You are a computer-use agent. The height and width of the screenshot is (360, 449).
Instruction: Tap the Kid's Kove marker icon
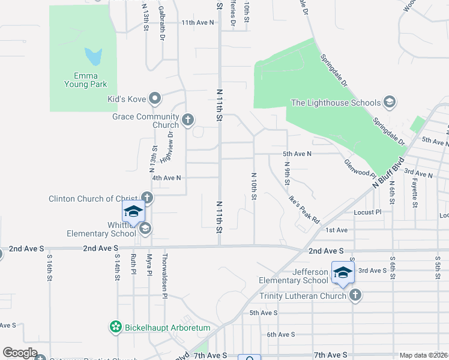click(x=155, y=99)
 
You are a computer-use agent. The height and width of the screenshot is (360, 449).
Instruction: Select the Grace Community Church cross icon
click(x=187, y=121)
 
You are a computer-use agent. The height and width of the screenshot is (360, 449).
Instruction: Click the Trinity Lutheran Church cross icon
click(x=355, y=295)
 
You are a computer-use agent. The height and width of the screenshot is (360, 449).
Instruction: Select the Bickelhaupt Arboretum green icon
click(x=115, y=328)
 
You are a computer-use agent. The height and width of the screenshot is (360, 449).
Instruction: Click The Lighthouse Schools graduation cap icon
click(x=389, y=103)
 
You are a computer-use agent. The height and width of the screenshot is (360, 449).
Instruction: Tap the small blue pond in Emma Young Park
click(x=94, y=57)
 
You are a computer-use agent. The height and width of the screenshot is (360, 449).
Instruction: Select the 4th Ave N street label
click(x=166, y=178)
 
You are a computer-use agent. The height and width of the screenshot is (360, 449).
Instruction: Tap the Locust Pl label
click(x=367, y=212)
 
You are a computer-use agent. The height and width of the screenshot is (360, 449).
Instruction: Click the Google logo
click(x=20, y=353)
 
